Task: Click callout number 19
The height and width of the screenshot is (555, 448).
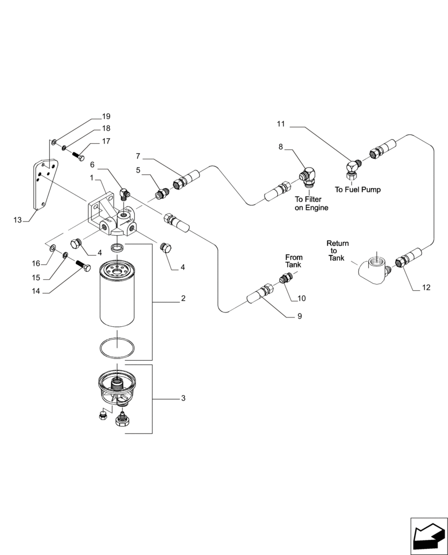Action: [106, 117]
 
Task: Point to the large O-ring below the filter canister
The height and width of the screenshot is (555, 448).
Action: [116, 348]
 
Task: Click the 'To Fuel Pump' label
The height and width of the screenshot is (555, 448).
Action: [358, 189]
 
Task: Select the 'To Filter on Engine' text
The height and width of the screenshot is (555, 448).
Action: [311, 204]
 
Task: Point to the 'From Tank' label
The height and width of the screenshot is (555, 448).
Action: [294, 261]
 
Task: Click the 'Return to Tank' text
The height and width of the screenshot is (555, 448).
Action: [337, 250]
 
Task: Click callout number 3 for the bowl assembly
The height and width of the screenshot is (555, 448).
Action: [183, 398]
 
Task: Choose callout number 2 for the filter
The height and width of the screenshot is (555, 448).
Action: [183, 299]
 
